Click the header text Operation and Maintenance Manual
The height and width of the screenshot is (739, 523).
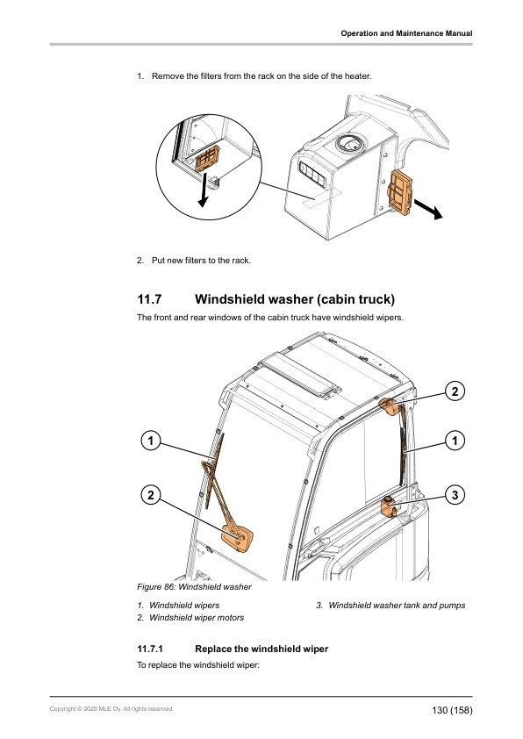[x=406, y=33]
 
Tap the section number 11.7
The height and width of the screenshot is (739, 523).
[x=149, y=299]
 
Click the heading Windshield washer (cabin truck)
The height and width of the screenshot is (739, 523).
[x=295, y=299]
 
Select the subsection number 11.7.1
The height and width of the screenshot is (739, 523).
[x=150, y=649]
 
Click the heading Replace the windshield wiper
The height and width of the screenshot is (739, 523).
[x=261, y=649]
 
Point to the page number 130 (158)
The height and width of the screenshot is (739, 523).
[x=452, y=710]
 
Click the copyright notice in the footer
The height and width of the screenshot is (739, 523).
[x=111, y=709]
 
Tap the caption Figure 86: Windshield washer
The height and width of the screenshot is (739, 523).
[x=194, y=587]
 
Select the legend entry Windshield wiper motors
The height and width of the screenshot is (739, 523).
[x=197, y=617]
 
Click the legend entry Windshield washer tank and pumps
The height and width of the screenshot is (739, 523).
[x=397, y=605]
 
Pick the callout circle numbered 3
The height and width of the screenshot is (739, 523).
[x=455, y=495]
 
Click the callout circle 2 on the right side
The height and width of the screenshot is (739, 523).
[x=455, y=391]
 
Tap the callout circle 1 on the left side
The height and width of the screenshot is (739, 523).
[x=151, y=441]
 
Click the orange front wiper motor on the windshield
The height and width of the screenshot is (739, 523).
[x=238, y=537]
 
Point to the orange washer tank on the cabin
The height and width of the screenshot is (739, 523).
[x=388, y=506]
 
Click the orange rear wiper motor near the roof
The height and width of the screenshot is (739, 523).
[x=390, y=406]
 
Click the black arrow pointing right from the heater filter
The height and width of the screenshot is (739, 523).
[x=428, y=209]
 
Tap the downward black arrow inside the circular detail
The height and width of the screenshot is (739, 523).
[x=204, y=190]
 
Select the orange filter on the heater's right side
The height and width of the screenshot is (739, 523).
[x=400, y=190]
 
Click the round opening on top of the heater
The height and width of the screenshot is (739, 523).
[x=350, y=143]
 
